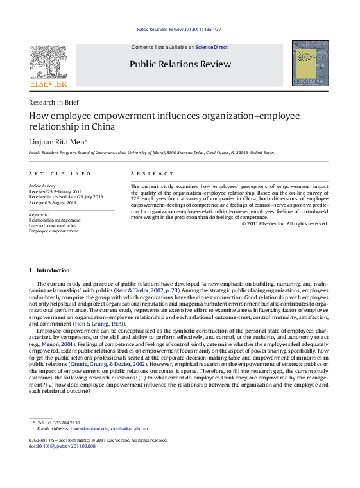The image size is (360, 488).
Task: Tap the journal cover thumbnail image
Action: pyautogui.click(x=310, y=63)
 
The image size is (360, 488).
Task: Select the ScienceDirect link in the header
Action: pyautogui.click(x=210, y=47)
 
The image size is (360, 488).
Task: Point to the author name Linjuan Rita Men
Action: pyautogui.click(x=56, y=142)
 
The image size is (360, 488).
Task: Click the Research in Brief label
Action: pyautogui.click(x=54, y=102)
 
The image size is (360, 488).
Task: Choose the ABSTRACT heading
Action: pyautogui.click(x=152, y=174)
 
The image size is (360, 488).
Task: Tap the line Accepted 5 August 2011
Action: pyautogui.click(x=53, y=202)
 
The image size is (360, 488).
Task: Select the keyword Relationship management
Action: pyautogui.click(x=55, y=220)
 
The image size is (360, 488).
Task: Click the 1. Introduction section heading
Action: pyautogui.click(x=49, y=270)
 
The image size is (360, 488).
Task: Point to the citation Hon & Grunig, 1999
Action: pyautogui.click(x=98, y=324)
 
